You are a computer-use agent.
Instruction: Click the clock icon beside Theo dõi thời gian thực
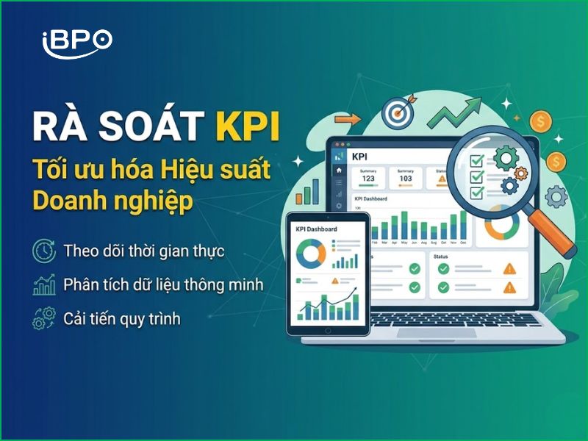[x=44, y=251]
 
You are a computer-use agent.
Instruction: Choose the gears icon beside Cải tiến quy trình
[x=44, y=319]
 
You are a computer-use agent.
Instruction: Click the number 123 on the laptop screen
[x=369, y=178]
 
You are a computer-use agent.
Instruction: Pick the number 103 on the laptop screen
[x=406, y=178]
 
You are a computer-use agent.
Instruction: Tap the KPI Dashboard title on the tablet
[x=316, y=229]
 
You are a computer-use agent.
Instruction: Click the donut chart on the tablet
[x=310, y=254]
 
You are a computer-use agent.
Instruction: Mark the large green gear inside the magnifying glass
[x=506, y=157]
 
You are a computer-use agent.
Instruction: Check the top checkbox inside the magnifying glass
[x=476, y=156]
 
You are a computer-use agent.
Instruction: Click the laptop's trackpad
[x=434, y=333]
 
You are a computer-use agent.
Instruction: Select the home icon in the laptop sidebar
[x=339, y=171]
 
